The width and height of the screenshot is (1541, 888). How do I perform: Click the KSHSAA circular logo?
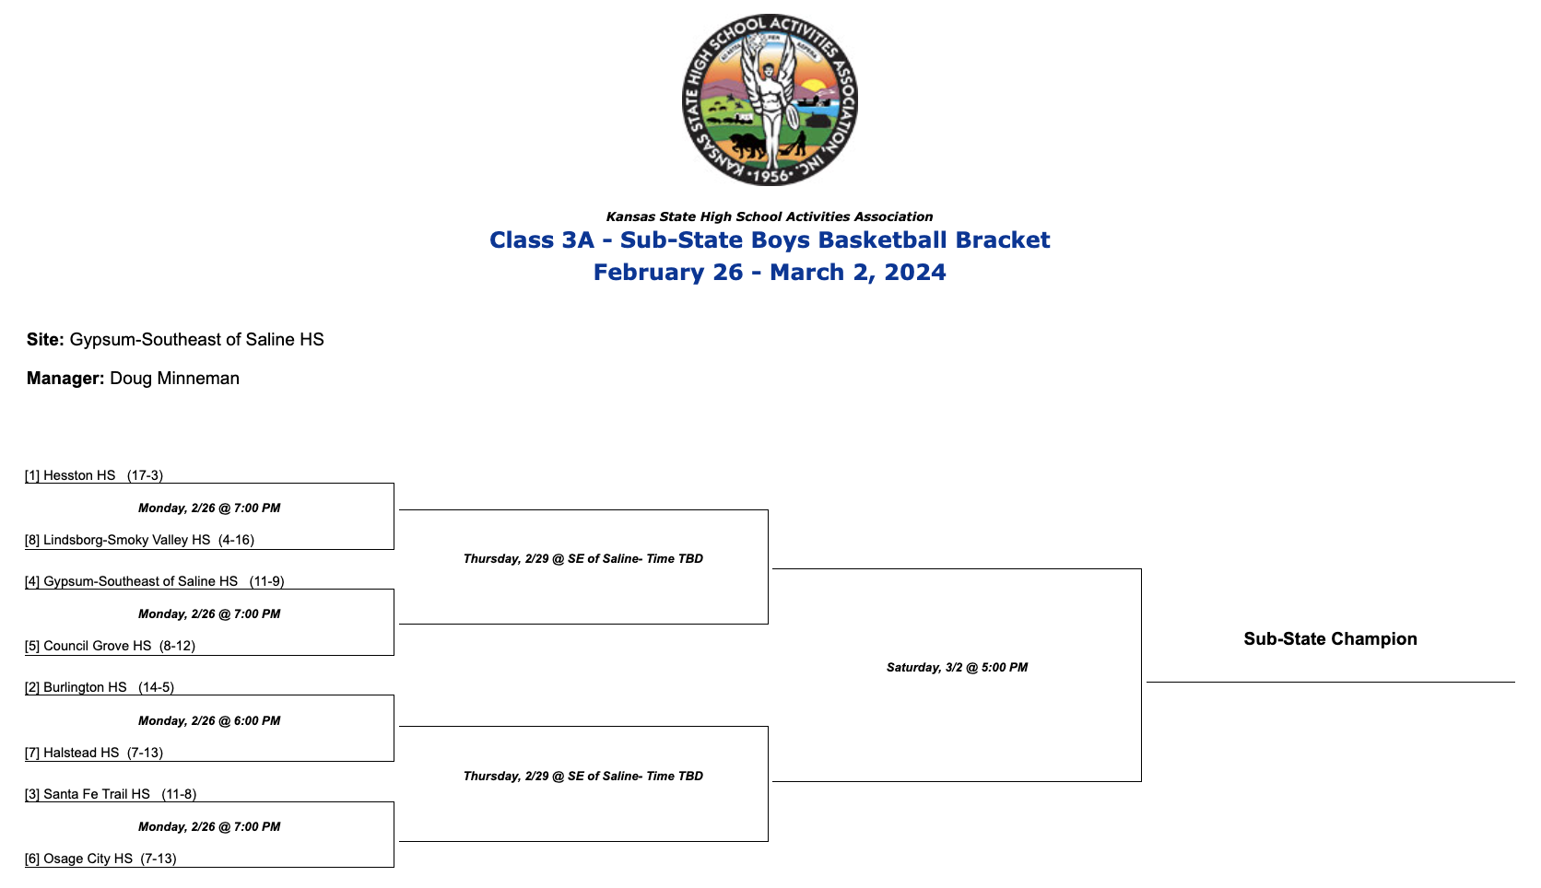click(770, 99)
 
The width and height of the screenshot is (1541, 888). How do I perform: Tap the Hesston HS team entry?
click(79, 475)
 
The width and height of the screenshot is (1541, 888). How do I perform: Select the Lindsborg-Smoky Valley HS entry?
click(126, 540)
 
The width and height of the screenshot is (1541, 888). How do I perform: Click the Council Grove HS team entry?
click(97, 646)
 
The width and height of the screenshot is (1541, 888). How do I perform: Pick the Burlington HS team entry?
click(85, 687)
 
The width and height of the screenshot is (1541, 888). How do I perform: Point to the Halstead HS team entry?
click(81, 753)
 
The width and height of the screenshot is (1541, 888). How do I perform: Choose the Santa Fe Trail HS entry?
click(96, 794)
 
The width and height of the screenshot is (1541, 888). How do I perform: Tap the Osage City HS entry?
click(88, 859)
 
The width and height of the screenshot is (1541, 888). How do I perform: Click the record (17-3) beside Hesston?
click(145, 475)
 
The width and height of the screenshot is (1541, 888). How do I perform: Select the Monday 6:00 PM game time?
click(209, 720)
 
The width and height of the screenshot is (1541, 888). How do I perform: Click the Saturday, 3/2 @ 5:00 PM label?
click(957, 667)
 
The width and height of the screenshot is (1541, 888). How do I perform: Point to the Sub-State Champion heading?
click(1330, 638)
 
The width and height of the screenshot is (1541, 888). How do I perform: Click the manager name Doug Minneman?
click(174, 378)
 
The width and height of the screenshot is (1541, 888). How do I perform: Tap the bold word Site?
click(45, 339)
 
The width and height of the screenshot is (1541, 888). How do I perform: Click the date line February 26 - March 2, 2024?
click(770, 272)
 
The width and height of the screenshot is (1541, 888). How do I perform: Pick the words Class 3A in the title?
click(542, 240)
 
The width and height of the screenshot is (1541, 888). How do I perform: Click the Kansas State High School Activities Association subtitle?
click(770, 216)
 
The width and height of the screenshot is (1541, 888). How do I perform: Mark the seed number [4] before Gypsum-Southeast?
click(32, 581)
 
